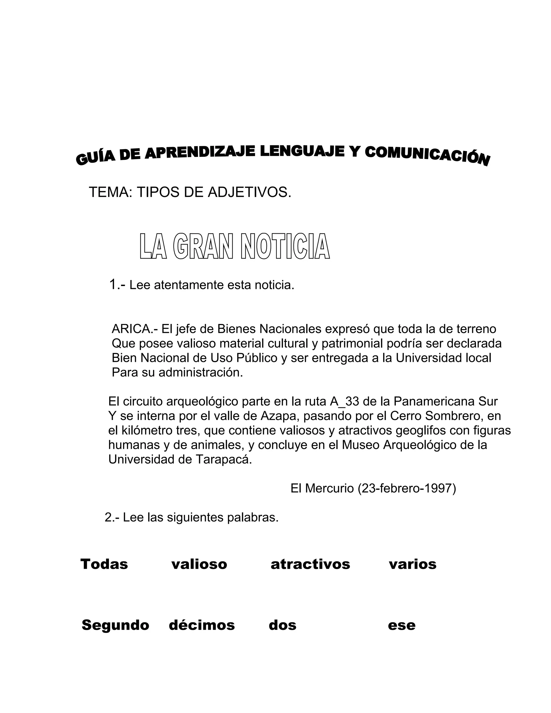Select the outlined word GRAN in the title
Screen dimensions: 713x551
pos(203,246)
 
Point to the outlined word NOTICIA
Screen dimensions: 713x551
pos(285,246)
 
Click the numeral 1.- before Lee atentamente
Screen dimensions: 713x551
pos(117,285)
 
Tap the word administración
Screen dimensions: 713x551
pos(201,372)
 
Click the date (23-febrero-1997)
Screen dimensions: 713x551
pos(407,488)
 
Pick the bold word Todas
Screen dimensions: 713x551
pos(104,564)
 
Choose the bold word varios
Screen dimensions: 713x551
pos(413,564)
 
